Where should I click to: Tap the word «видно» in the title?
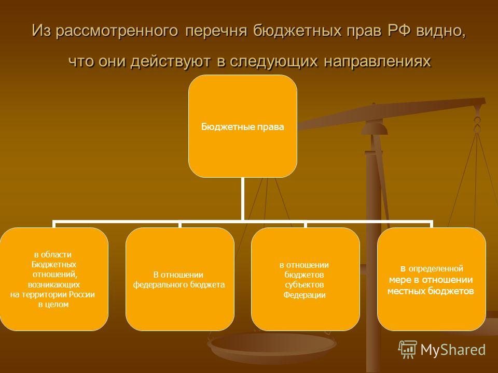click(441, 31)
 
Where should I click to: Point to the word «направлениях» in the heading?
click(377, 61)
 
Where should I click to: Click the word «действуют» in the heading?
click(171, 61)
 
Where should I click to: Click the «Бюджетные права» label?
click(243, 127)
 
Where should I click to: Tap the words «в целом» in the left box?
click(53, 305)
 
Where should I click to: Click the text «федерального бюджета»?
click(179, 285)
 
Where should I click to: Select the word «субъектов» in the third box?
click(305, 285)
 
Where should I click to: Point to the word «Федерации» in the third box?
click(305, 295)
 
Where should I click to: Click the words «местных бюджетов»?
click(431, 291)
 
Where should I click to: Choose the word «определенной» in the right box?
click(436, 269)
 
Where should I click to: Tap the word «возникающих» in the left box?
click(53, 284)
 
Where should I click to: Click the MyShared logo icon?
click(408, 350)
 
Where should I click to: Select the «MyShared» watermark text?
click(453, 350)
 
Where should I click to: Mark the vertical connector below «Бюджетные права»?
click(243, 198)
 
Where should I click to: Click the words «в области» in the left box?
click(53, 255)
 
